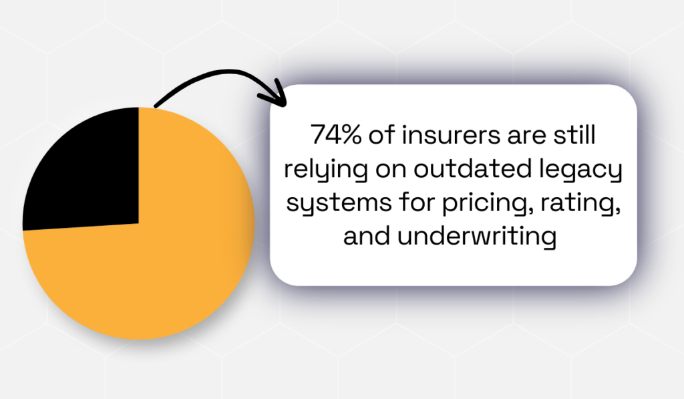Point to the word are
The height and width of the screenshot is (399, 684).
(521, 136)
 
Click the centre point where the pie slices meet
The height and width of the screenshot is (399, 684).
(138, 223)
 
